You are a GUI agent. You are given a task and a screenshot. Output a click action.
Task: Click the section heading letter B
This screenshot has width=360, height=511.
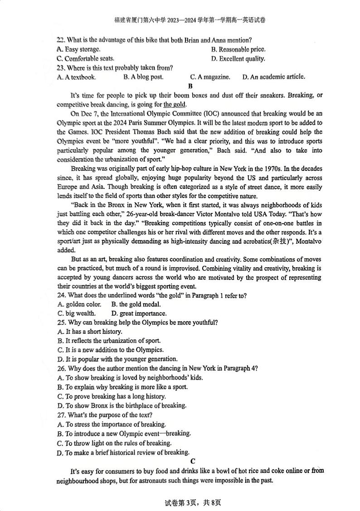(190, 86)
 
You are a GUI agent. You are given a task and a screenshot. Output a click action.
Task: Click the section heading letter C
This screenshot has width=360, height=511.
(193, 461)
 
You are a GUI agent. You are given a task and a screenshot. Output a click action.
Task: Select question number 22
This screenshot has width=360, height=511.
(61, 40)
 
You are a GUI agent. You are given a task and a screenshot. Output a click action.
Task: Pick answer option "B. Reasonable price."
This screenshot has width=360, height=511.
(238, 49)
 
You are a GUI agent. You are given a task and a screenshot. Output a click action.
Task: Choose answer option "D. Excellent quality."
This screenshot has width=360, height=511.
(238, 59)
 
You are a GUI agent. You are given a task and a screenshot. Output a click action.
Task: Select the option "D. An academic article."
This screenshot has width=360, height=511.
(273, 77)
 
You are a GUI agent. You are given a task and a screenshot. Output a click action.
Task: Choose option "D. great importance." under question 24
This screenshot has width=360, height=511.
(139, 313)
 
